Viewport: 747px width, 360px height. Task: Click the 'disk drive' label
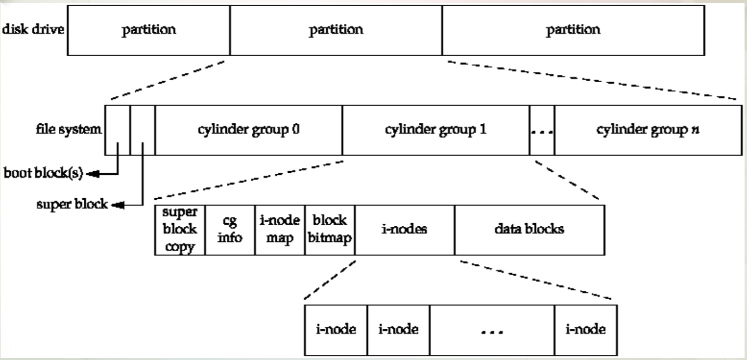[33, 29]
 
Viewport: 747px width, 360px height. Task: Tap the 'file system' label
[69, 129]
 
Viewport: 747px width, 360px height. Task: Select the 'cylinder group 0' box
[249, 130]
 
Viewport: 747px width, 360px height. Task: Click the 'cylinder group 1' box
[436, 130]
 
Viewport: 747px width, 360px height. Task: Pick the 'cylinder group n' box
[648, 130]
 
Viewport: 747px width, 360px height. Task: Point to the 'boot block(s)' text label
[43, 173]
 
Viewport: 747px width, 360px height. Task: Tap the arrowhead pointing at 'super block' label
[118, 205]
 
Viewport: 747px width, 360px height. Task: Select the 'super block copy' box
[180, 230]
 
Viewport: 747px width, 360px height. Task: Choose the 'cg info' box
[230, 230]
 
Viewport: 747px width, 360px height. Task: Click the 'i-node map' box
[280, 230]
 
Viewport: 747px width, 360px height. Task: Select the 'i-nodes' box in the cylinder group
[405, 230]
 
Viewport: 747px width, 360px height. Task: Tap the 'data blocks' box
[530, 230]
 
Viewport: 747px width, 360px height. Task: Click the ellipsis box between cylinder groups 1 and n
[542, 130]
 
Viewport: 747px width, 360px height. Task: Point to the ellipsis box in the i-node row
[492, 330]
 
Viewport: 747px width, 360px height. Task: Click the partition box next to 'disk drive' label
[149, 30]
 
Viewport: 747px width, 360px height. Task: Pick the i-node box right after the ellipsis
[586, 330]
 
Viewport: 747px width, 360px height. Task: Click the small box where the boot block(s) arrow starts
[118, 130]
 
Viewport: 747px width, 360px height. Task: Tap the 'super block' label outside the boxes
[72, 204]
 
